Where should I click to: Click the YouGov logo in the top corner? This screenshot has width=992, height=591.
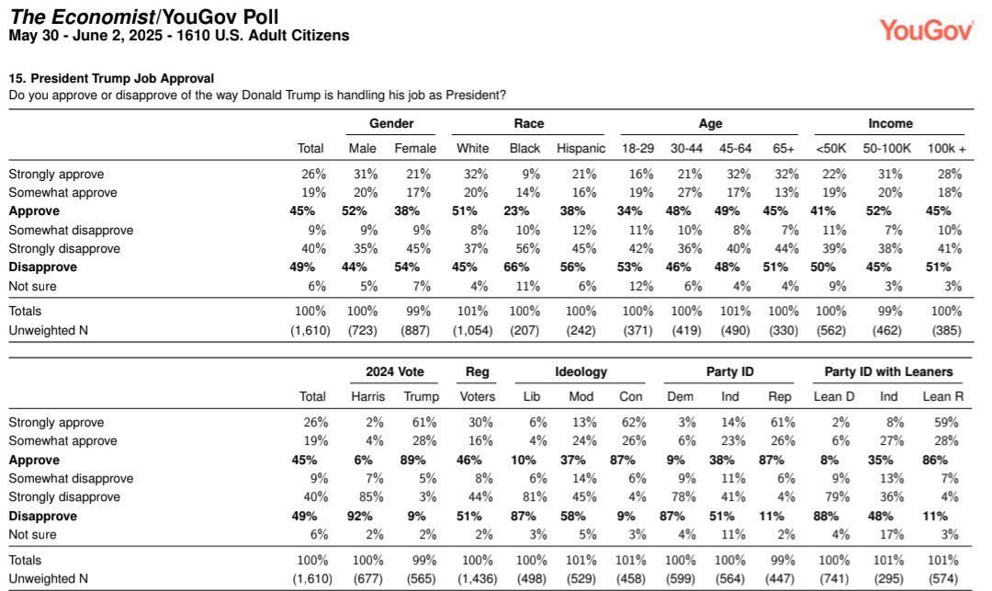(x=926, y=29)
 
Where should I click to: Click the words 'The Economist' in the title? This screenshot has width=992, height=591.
(x=69, y=17)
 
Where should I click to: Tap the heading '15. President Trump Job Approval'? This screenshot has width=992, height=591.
(x=111, y=79)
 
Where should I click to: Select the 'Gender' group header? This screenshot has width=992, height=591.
(x=391, y=123)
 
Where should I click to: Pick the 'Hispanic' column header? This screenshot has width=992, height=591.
(x=581, y=148)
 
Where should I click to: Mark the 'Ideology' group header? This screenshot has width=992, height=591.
(x=581, y=371)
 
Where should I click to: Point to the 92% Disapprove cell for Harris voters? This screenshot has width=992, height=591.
(x=369, y=516)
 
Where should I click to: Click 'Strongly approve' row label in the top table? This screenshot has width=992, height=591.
(x=56, y=174)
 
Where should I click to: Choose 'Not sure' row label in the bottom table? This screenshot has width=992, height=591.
(x=32, y=534)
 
